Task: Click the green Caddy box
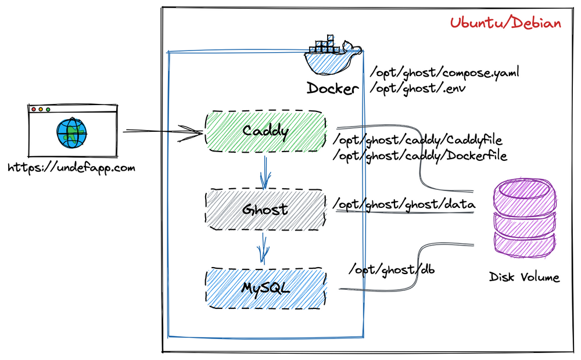tap(266, 131)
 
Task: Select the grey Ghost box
tap(266, 208)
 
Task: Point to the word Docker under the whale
tap(333, 89)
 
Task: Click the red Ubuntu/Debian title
tap(505, 23)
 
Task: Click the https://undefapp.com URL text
tap(71, 168)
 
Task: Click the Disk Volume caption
tap(524, 277)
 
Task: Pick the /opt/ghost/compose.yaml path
tap(444, 74)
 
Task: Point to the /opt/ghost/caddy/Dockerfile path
tap(419, 156)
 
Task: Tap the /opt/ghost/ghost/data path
tap(404, 204)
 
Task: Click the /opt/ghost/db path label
tap(392, 270)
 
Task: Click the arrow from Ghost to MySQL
tap(265, 249)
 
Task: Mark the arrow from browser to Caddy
tap(163, 132)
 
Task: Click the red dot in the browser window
tap(34, 109)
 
